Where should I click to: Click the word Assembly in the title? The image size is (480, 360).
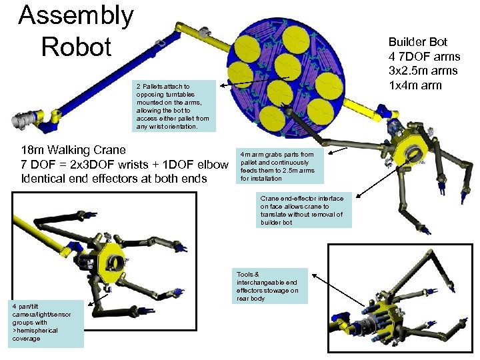(x=76, y=15)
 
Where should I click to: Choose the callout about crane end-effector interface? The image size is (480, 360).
(x=303, y=211)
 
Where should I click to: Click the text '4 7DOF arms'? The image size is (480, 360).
(x=425, y=57)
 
